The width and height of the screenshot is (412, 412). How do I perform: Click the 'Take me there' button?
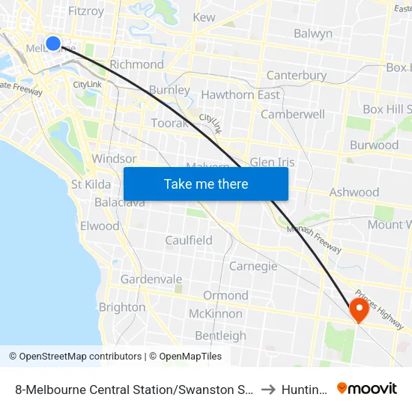point(206,184)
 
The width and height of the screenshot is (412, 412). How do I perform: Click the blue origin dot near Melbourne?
point(53,43)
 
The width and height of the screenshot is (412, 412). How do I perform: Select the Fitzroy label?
point(86,11)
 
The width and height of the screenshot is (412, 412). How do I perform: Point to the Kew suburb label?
point(204,17)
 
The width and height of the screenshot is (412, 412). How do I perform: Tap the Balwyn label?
point(313,34)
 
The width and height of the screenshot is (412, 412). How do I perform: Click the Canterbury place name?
point(297,76)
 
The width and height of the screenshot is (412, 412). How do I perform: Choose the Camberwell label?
point(293,115)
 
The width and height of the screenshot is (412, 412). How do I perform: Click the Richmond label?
point(136,64)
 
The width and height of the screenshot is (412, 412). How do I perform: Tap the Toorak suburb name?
point(169,123)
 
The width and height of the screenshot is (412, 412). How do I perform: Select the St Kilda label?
point(91,184)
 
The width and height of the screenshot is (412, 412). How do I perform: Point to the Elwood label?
point(100,225)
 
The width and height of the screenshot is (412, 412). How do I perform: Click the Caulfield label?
point(189,240)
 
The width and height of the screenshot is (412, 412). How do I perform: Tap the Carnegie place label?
point(253,267)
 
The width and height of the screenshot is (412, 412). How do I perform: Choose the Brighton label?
point(122,307)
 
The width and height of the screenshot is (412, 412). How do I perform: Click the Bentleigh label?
point(220,336)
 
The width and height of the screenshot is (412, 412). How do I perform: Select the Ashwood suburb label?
point(354,192)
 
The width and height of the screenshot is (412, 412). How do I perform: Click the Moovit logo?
point(367,388)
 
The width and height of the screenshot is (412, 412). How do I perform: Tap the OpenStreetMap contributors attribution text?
point(75,357)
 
